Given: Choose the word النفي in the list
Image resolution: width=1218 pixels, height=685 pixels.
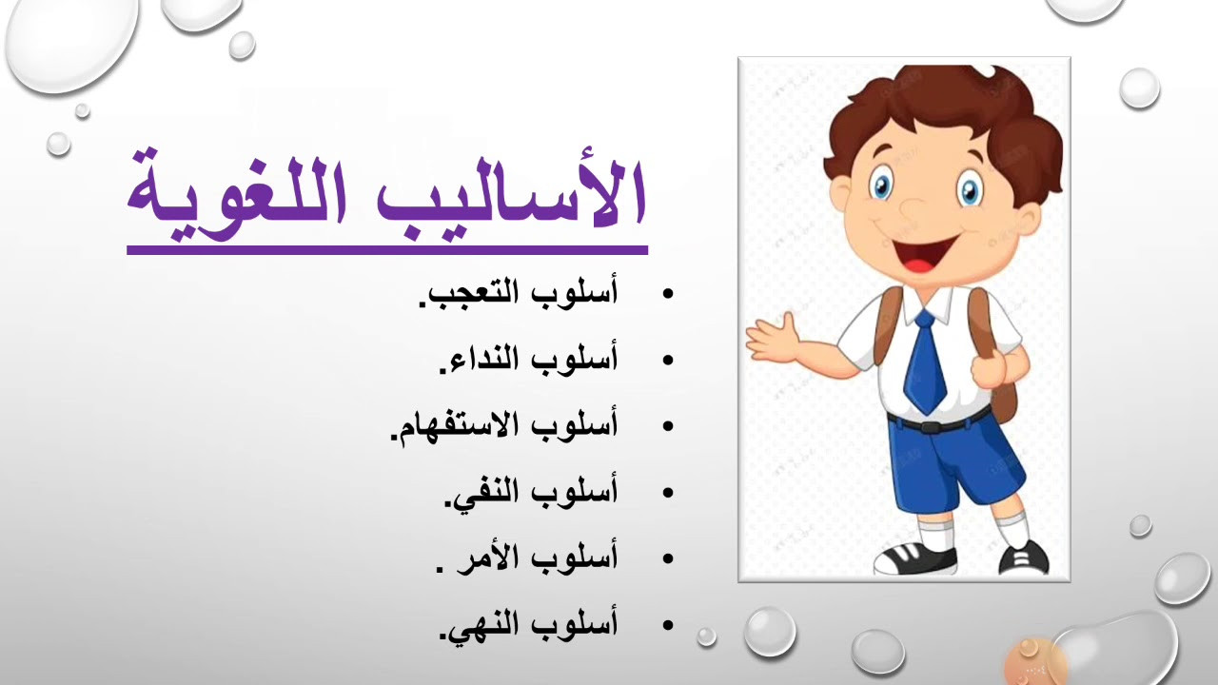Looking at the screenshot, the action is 481,493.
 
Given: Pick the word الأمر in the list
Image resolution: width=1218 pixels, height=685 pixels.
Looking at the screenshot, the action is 481,558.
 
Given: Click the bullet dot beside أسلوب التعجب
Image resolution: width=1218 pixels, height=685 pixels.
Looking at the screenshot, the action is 668,294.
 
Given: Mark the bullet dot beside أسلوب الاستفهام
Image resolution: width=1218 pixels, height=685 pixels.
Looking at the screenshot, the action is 668,426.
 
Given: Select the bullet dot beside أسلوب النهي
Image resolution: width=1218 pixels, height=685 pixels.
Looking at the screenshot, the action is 668,625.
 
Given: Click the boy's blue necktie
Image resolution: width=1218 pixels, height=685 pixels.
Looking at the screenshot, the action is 926,361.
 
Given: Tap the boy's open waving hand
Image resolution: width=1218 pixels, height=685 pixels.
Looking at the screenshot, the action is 771,338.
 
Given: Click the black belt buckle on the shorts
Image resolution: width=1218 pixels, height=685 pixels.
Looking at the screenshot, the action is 932,427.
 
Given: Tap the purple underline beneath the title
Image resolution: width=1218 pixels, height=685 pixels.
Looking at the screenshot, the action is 387,250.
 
